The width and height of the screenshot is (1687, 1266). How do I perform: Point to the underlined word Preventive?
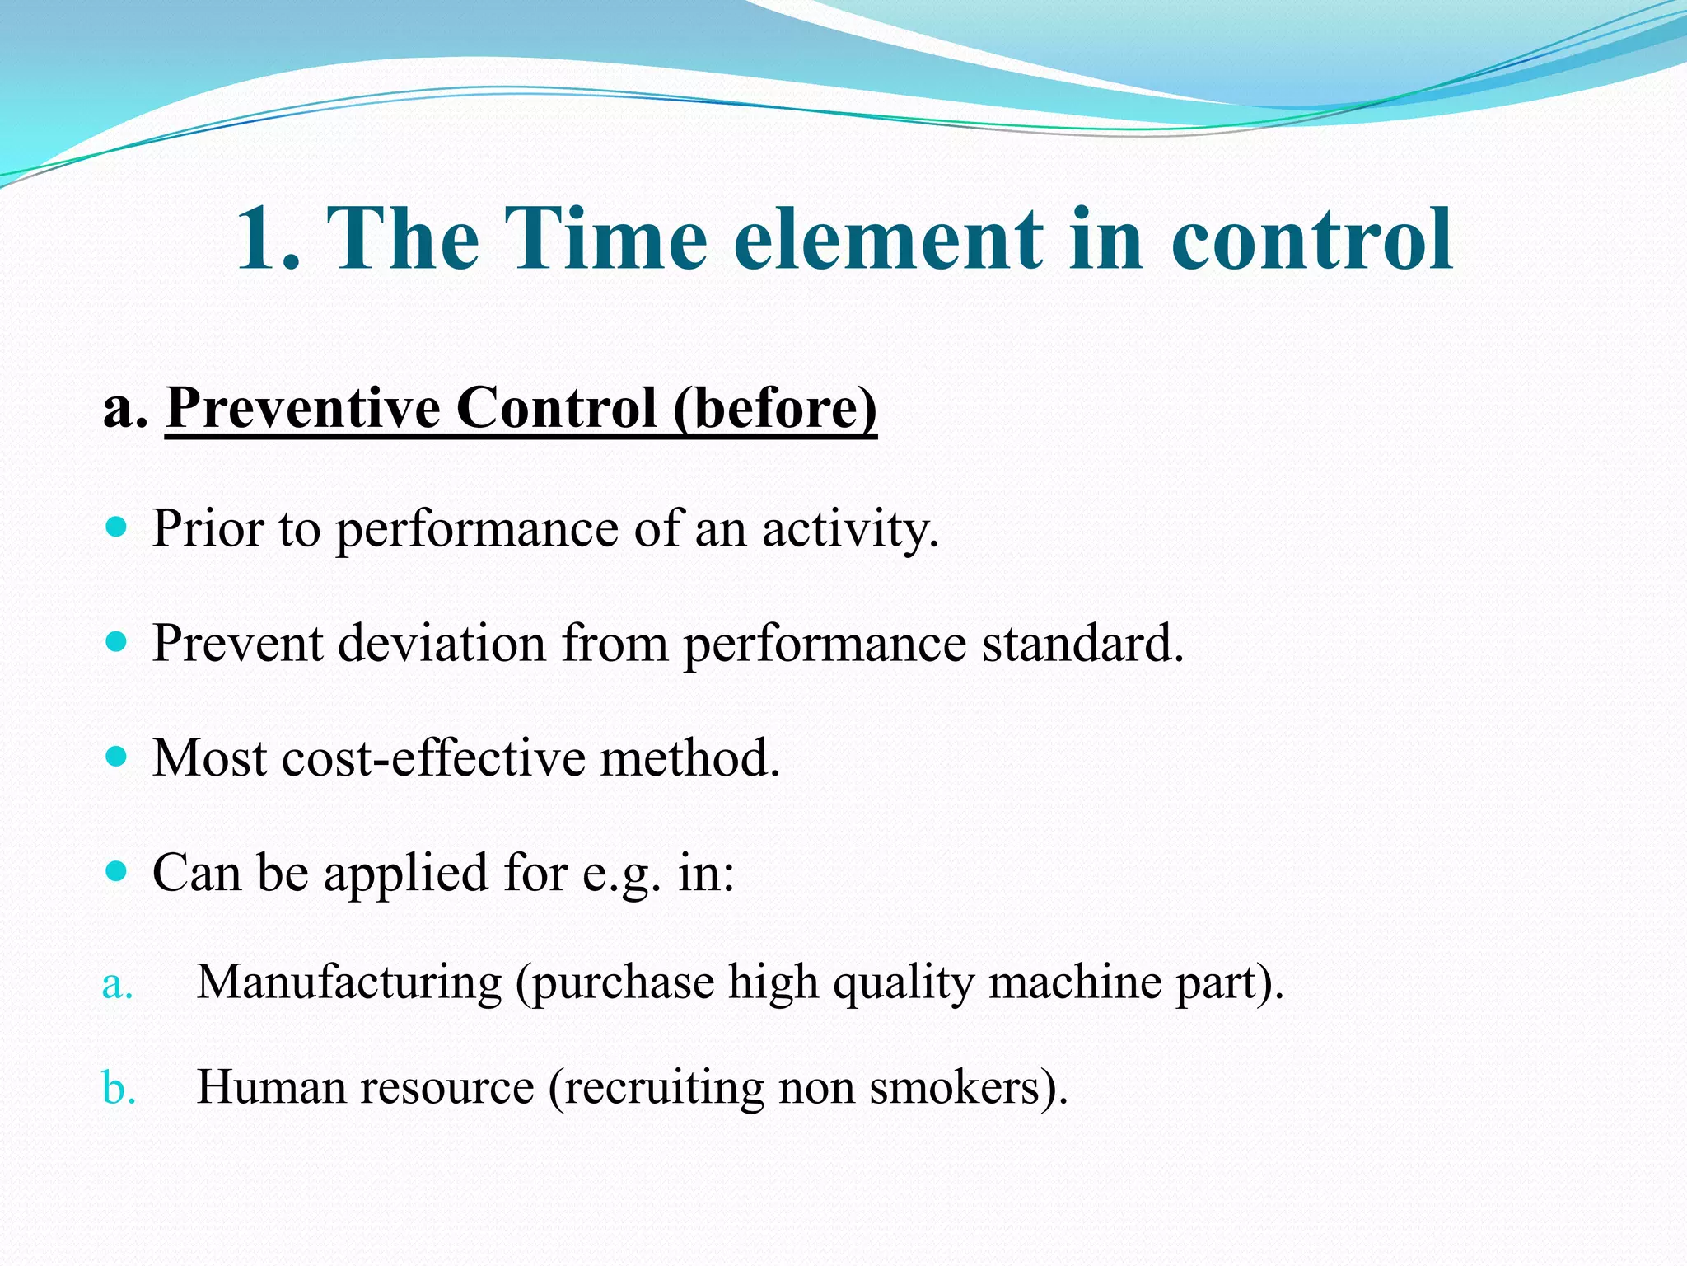[x=303, y=408]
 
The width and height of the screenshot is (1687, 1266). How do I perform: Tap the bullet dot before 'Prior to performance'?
[x=117, y=527]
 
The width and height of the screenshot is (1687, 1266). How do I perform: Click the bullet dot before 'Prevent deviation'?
[x=117, y=641]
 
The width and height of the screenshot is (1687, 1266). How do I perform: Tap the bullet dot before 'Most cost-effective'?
[x=117, y=756]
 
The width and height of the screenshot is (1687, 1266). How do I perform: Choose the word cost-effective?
[x=432, y=758]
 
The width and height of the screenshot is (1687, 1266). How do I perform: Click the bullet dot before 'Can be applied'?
[x=117, y=870]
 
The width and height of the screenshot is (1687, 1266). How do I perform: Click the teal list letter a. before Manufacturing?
[x=117, y=984]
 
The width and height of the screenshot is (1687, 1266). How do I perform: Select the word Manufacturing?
[x=349, y=982]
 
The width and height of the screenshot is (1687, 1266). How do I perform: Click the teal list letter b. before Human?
[x=119, y=1088]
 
